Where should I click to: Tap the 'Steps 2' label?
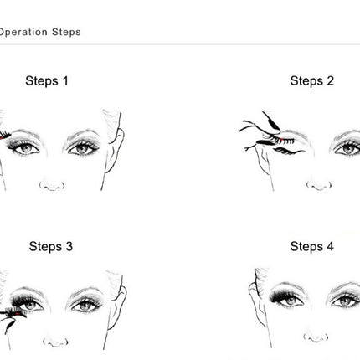coord(311,81)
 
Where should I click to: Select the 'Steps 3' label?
coord(50,246)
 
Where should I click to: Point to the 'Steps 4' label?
coord(311,246)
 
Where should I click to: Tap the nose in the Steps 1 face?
coord(51,183)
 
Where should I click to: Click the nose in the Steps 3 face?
coord(51,347)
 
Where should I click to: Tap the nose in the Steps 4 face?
coord(316,347)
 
